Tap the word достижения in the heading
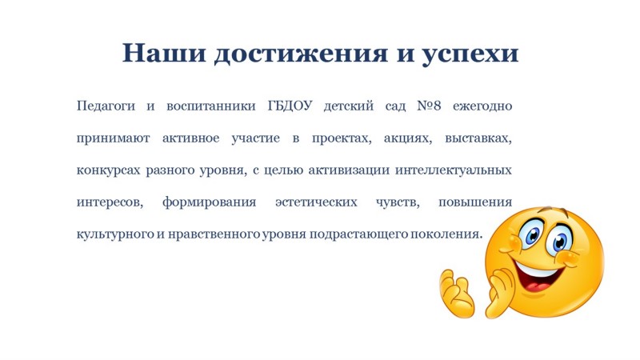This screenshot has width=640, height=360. (301, 54)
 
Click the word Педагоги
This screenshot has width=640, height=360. (106, 106)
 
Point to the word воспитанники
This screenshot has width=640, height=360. (211, 106)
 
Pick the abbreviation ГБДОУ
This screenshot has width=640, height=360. (290, 106)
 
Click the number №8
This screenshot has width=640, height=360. (429, 106)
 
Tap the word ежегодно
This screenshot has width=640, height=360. (482, 106)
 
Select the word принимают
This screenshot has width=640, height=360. (113, 138)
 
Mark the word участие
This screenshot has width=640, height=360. (255, 138)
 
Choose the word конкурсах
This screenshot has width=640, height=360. (108, 170)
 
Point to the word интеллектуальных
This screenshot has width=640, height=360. (454, 170)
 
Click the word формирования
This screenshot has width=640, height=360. (209, 202)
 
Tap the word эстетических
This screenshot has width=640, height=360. (316, 202)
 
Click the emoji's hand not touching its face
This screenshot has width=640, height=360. (457, 294)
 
